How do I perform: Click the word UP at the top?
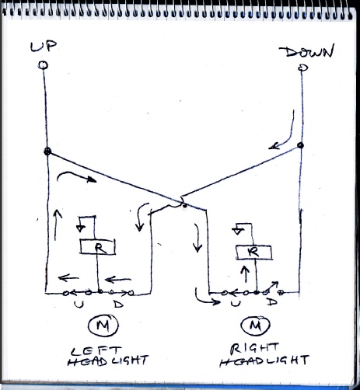click(x=44, y=46)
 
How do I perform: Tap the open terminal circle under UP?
click(x=43, y=65)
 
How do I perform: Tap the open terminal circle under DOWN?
click(x=302, y=68)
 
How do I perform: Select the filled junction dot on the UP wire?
click(x=47, y=151)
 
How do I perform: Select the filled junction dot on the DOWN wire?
click(x=300, y=145)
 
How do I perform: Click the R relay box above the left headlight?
click(x=98, y=247)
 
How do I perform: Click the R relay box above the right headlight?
click(x=254, y=252)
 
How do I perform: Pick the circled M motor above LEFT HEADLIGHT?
click(x=103, y=326)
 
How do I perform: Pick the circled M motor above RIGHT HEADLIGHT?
click(x=256, y=325)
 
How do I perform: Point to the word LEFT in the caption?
click(x=96, y=351)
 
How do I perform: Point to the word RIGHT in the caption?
click(x=254, y=349)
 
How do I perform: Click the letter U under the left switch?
click(x=79, y=305)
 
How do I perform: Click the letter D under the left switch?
click(x=118, y=304)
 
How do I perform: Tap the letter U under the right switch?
click(x=236, y=303)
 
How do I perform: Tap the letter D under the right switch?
click(x=272, y=301)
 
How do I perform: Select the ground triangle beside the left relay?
click(x=81, y=228)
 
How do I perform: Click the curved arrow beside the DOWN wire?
click(x=284, y=132)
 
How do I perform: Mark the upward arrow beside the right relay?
click(x=245, y=274)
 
